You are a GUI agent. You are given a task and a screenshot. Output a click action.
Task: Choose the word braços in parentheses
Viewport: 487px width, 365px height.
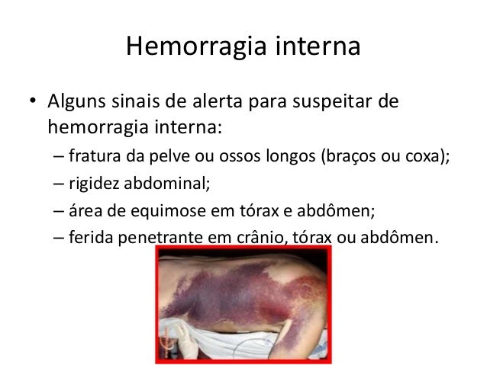pyautogui.click(x=348, y=158)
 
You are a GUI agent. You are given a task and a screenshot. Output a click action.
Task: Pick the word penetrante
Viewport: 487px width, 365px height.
pyautogui.click(x=159, y=237)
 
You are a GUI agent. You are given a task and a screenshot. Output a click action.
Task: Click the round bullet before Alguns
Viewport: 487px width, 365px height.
pyautogui.click(x=33, y=102)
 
